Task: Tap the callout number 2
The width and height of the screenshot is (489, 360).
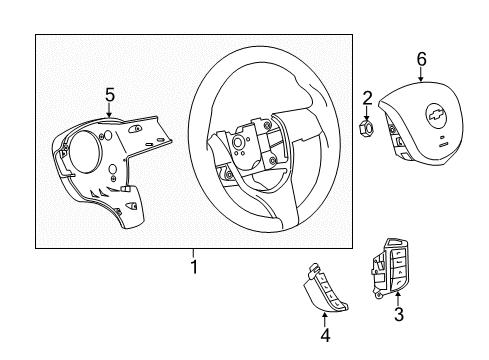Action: tap(367, 97)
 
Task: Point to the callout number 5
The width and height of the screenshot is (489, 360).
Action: tap(109, 95)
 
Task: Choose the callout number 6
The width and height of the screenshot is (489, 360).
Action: tap(421, 59)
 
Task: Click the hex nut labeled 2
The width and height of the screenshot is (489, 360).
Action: tap(367, 127)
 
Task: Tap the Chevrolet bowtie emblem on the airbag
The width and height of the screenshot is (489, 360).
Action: tap(437, 117)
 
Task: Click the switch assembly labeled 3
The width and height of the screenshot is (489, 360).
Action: tap(390, 271)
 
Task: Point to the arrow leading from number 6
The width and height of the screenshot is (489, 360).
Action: tap(421, 75)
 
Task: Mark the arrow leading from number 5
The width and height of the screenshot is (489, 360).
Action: tap(109, 112)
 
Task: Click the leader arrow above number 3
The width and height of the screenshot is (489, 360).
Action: tap(397, 298)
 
